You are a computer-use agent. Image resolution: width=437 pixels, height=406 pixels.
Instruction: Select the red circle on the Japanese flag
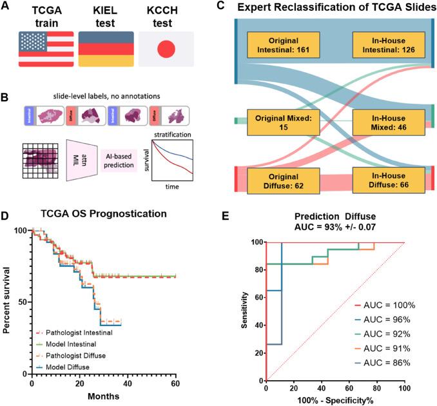pos(166,50)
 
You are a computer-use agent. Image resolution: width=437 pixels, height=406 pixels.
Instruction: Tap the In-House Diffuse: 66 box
pos(389,181)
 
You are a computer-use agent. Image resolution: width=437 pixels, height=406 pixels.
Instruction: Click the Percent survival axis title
pos(8,302)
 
